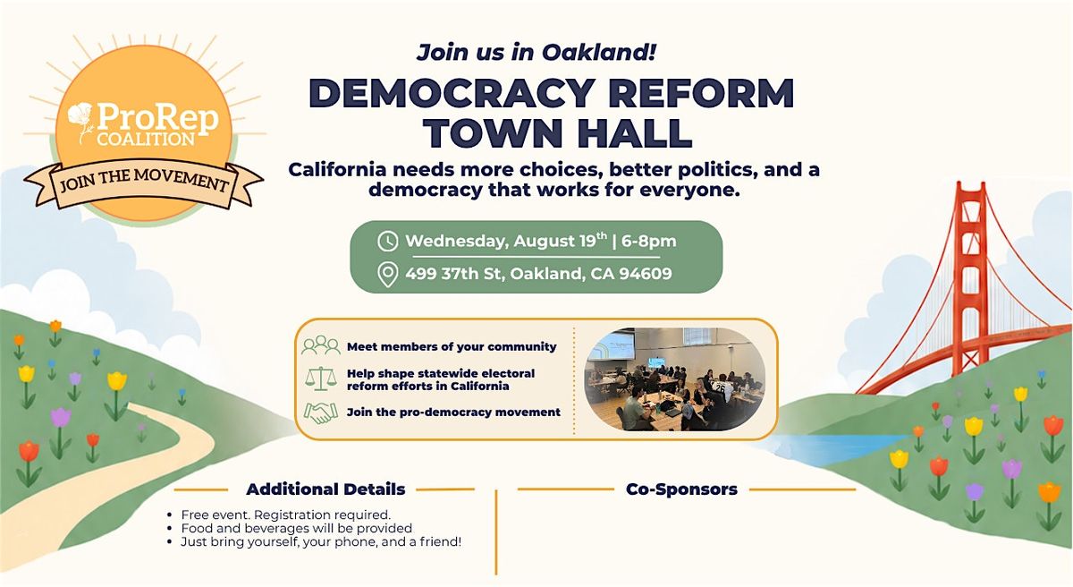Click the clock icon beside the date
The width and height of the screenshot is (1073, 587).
tap(387, 241)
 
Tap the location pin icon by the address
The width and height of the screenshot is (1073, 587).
tap(387, 275)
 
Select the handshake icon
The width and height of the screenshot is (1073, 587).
tap(320, 413)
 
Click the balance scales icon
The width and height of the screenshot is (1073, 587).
tap(320, 379)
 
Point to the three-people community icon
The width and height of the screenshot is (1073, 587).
tap(321, 345)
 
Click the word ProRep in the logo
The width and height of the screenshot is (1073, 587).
tap(157, 117)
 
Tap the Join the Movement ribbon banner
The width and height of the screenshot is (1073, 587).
tap(143, 185)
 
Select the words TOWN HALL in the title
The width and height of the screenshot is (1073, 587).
tap(559, 132)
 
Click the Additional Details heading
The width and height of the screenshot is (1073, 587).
tap(325, 489)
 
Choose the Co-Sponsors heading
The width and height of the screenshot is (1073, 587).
tap(681, 489)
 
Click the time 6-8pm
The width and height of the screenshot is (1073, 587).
tap(648, 241)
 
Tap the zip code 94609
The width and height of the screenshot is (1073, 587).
tap(646, 274)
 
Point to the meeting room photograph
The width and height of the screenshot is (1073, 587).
tap(674, 379)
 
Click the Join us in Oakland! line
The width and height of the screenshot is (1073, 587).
tap(536, 52)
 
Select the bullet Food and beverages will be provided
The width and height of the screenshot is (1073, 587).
tap(297, 528)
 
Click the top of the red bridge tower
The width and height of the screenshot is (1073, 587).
tap(971, 184)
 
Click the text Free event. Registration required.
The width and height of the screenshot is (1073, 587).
tap(286, 515)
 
